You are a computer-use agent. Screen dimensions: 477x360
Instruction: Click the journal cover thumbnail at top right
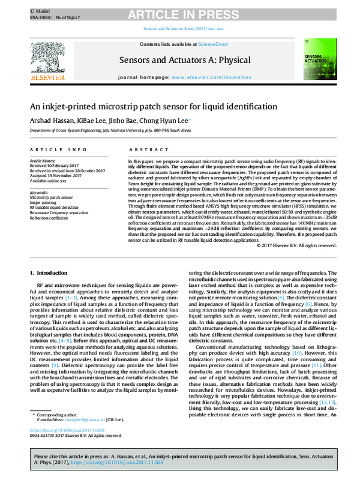[x=316, y=60]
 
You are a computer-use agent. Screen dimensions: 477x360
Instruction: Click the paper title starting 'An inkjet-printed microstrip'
[x=145, y=107]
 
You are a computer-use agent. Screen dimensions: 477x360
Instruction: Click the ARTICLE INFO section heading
[x=53, y=149]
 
